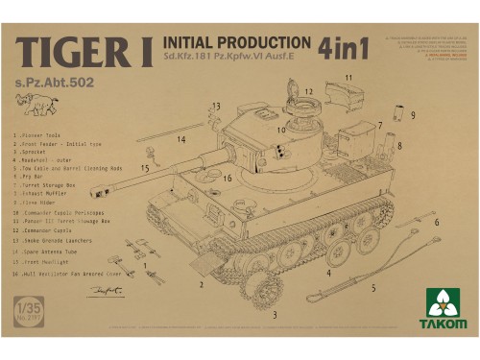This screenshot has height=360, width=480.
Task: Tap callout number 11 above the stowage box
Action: click(348, 78)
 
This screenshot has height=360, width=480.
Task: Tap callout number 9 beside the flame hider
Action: click(412, 115)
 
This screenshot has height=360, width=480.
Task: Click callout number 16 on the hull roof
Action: click(228, 178)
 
